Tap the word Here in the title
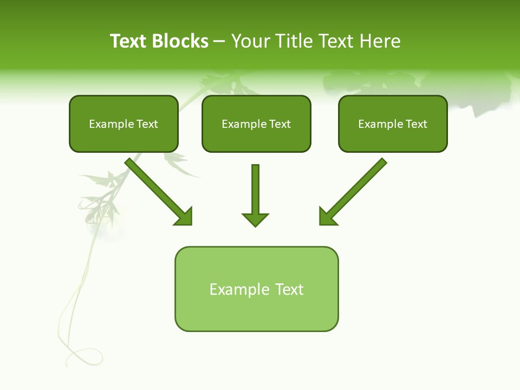(380, 41)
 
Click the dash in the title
(219, 41)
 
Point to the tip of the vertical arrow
(255, 225)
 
